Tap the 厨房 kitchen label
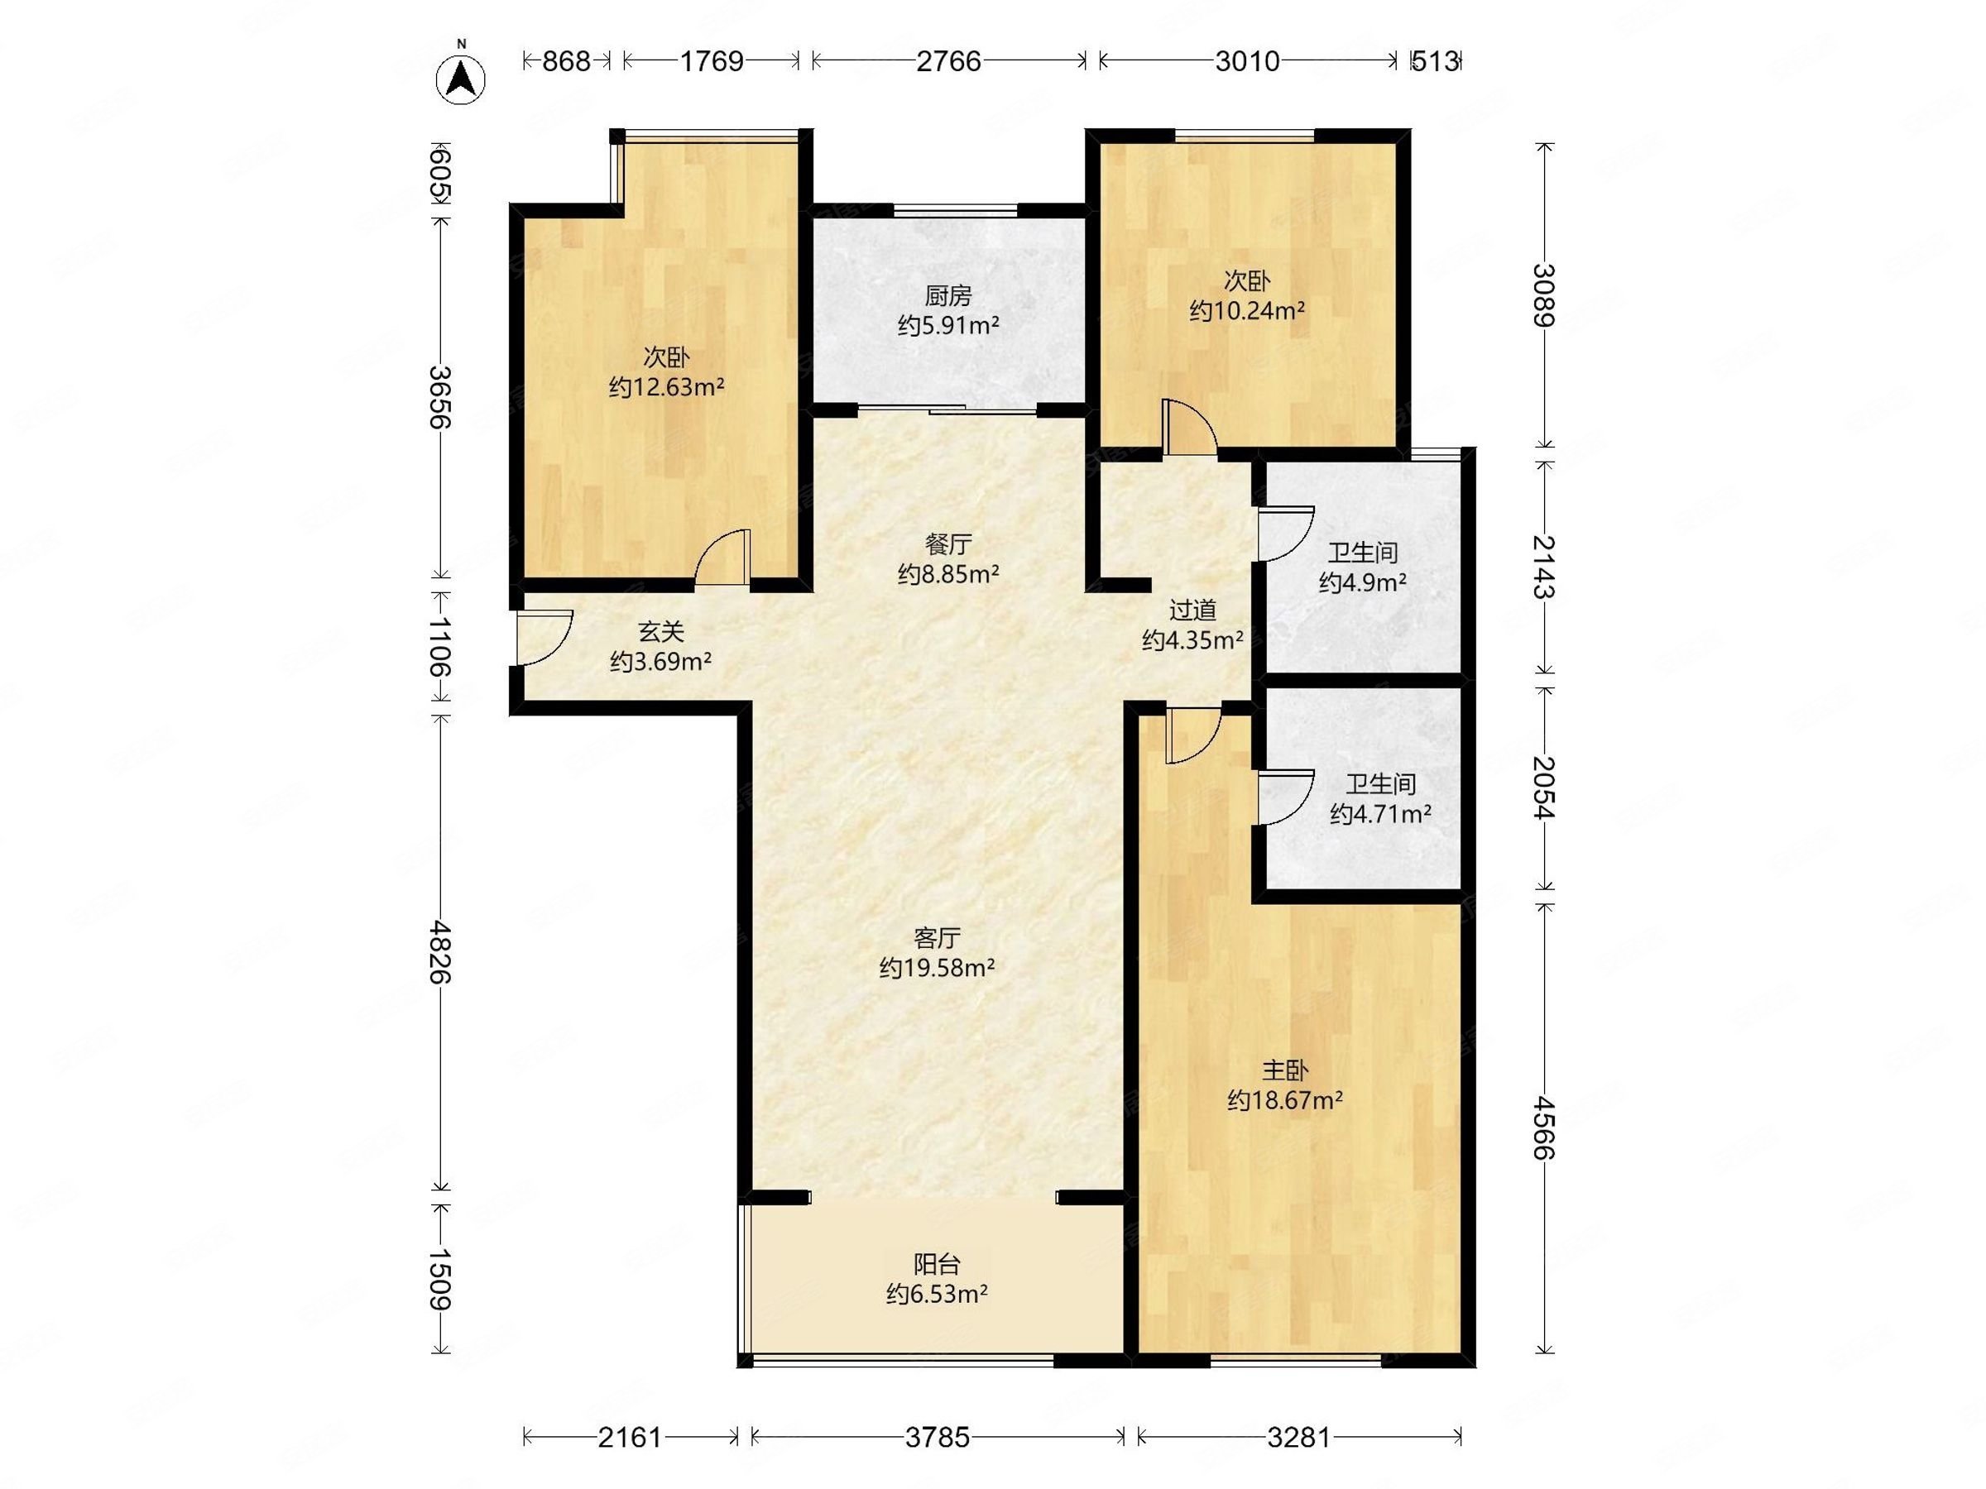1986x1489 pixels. pyautogui.click(x=948, y=295)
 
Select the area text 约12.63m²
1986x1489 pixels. pyautogui.click(x=666, y=387)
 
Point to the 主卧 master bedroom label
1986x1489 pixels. pyautogui.click(x=1285, y=1070)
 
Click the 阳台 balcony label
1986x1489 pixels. pyautogui.click(x=938, y=1265)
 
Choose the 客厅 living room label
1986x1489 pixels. pyautogui.click(x=938, y=938)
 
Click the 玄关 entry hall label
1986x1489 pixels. pyautogui.click(x=661, y=632)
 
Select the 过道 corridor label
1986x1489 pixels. pyautogui.click(x=1192, y=610)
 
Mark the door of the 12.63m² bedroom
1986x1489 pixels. pyautogui.click(x=722, y=558)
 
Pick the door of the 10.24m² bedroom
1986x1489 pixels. pyautogui.click(x=1190, y=429)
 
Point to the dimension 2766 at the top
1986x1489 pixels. pyautogui.click(x=948, y=61)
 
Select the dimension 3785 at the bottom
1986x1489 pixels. pyautogui.click(x=938, y=1438)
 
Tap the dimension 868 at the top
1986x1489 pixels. pyautogui.click(x=567, y=61)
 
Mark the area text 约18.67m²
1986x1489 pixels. pyautogui.click(x=1285, y=1100)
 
